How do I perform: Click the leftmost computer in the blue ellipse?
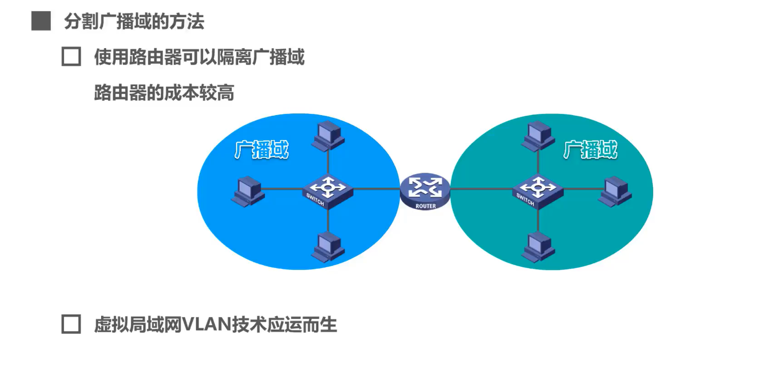coord(249,191)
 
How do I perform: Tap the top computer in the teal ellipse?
coord(538,136)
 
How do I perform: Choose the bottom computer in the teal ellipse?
coord(538,247)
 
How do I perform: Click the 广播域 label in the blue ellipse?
coord(261,150)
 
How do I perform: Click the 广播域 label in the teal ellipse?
coord(590,150)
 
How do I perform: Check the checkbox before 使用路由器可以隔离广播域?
coord(71,57)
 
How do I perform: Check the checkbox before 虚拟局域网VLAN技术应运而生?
coord(71,324)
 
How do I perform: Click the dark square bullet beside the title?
coord(41,21)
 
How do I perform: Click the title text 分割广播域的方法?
coord(134,21)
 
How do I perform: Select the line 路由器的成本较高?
coord(164,93)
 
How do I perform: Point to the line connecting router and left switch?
coord(376,189)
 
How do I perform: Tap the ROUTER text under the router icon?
coord(425,206)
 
